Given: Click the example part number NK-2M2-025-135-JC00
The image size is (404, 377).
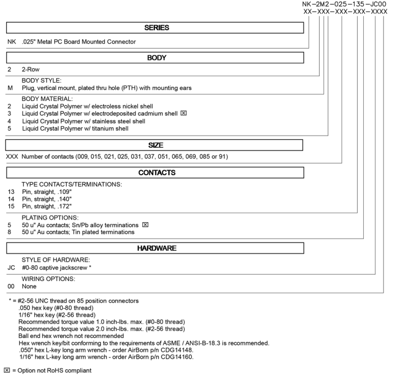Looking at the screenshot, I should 344,4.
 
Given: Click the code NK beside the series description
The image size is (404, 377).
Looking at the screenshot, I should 10,42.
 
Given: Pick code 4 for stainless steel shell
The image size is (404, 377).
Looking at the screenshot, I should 9,121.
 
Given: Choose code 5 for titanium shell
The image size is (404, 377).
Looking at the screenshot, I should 9,129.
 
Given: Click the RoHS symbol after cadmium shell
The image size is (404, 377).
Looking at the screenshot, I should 184,114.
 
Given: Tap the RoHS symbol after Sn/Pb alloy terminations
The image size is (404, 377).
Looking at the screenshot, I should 146,225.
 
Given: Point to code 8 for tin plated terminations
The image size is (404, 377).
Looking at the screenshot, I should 9,233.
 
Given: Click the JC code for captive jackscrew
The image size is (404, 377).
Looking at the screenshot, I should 10,267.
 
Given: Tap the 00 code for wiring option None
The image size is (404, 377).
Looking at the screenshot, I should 10,287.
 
